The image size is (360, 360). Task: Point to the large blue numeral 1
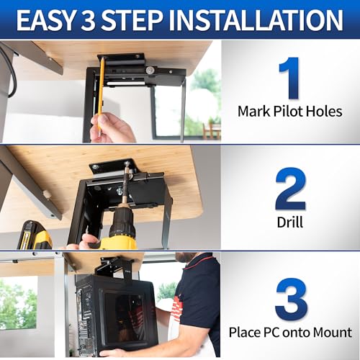click(289, 78)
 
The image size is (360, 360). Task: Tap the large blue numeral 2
click(290, 189)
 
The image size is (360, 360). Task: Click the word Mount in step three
click(330, 332)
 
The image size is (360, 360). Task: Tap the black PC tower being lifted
click(115, 313)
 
